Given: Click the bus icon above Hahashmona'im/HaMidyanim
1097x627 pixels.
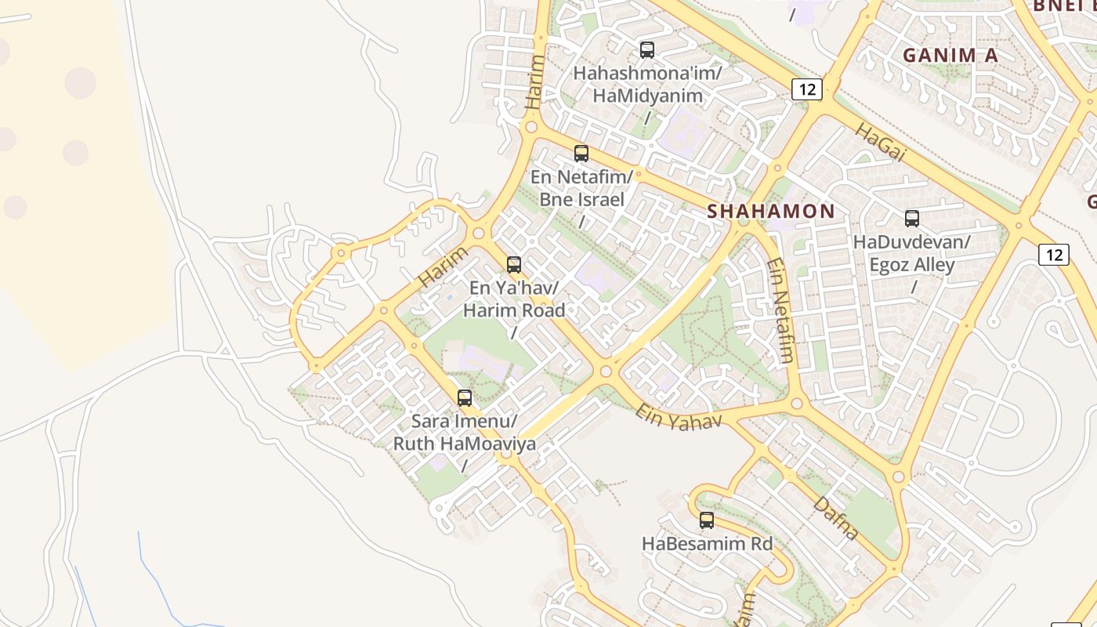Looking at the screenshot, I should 647,50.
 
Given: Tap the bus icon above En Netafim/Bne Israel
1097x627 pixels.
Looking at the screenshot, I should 581,154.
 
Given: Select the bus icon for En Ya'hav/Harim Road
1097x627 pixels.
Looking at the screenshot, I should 514,265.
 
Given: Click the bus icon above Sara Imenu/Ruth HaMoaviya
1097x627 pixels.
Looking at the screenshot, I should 465,398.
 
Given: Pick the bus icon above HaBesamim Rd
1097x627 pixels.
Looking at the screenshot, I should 707,520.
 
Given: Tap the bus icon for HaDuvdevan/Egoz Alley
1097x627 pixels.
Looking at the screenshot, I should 912,219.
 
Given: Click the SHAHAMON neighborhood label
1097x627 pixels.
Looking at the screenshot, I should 771,211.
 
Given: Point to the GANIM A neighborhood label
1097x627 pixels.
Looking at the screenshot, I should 950,55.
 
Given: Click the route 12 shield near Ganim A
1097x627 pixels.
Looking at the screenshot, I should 806,89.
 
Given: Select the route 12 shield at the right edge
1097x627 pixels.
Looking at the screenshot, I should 1054,254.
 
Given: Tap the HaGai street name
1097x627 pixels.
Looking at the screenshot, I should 880,143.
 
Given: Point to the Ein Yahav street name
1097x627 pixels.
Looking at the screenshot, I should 678,417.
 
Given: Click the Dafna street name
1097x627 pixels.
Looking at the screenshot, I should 836,518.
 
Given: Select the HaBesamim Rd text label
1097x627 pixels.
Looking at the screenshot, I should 707,543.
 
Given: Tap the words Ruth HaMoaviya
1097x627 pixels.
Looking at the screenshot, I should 465,444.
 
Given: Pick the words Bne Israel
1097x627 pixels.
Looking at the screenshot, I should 581,199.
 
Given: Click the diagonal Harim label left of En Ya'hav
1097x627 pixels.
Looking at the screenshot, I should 443,266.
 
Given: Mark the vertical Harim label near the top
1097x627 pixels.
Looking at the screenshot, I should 534,82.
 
